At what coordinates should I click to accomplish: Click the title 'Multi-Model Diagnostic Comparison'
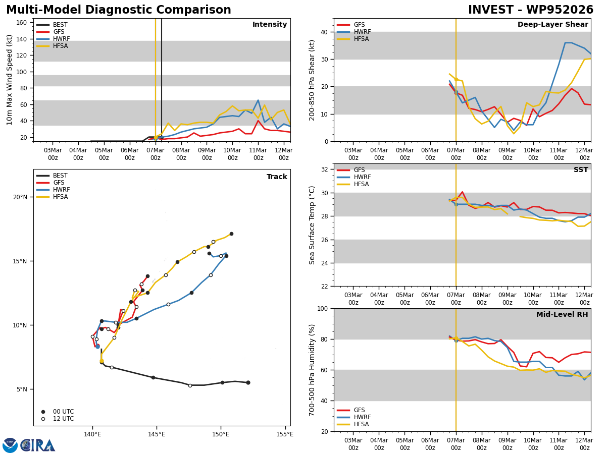119,10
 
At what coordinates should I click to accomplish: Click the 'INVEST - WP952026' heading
530,10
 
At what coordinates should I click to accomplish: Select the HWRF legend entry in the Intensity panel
61,39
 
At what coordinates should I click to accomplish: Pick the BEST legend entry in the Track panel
60,176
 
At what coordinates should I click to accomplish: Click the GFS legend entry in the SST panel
359,171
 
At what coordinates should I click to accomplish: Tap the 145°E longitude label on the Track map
157,434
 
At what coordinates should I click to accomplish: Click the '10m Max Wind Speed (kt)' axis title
10,80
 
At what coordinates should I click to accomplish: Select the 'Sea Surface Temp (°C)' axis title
312,225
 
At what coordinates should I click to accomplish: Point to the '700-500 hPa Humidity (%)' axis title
312,370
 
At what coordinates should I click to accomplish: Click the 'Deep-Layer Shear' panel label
552,25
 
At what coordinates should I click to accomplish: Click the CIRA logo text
38,445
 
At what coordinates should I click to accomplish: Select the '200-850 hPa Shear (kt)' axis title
312,80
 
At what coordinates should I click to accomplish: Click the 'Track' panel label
277,177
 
